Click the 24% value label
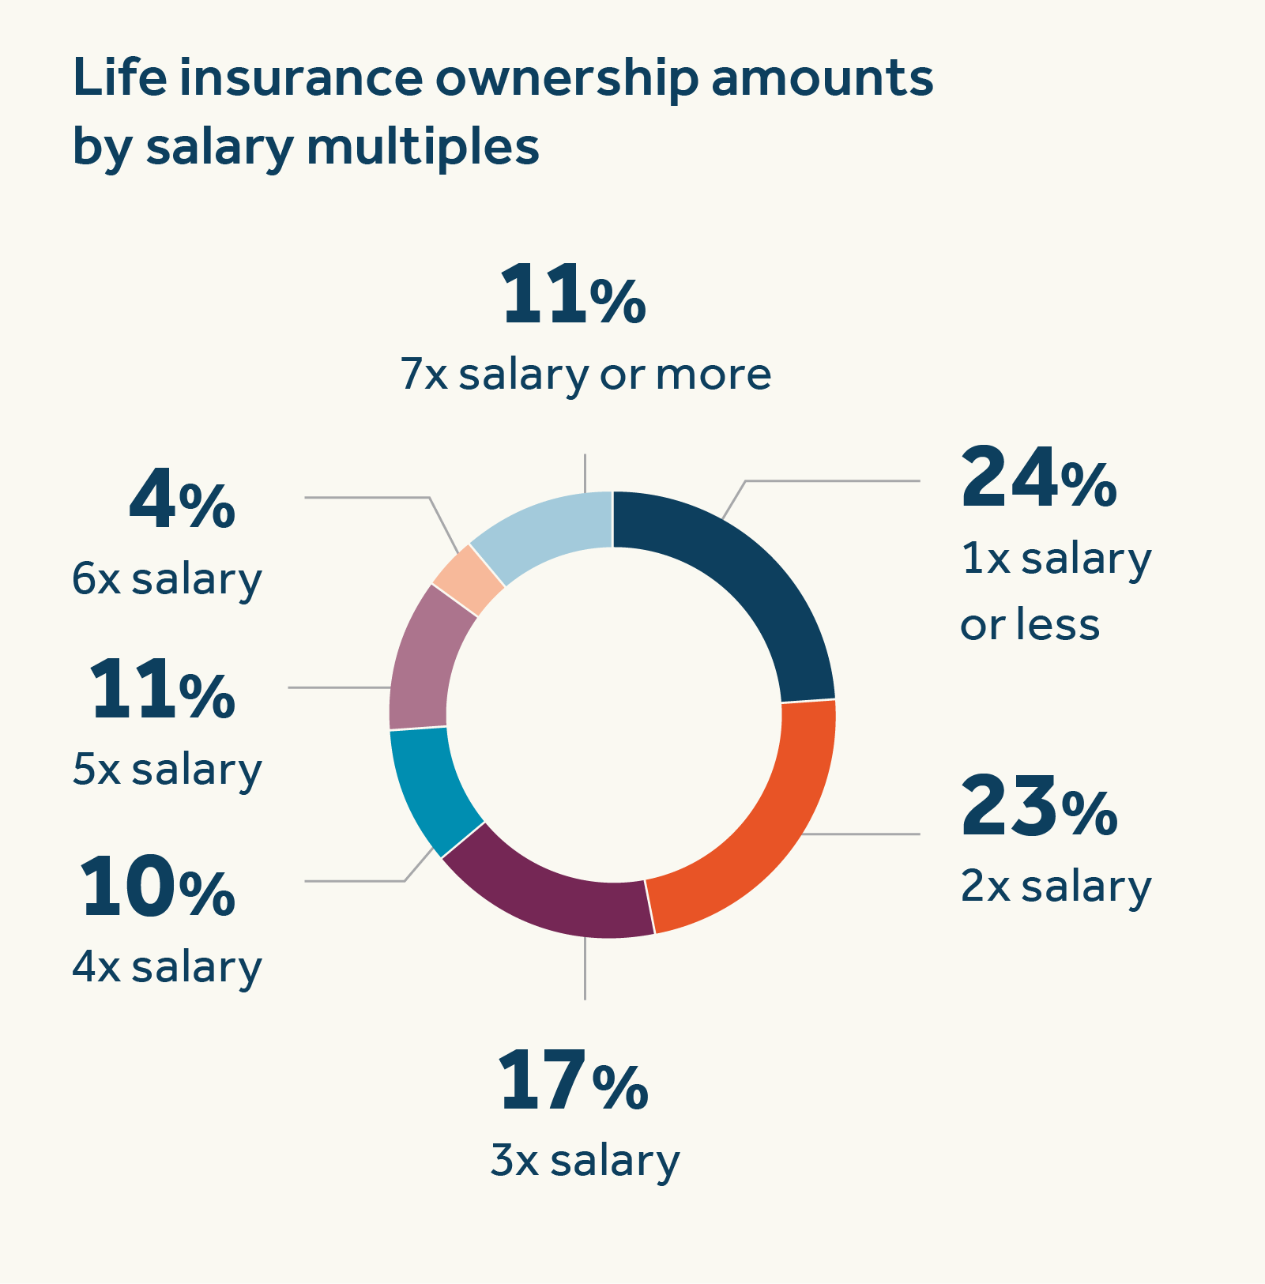click(x=1037, y=478)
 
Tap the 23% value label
click(x=1037, y=808)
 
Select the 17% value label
click(x=572, y=1082)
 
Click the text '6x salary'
click(x=167, y=579)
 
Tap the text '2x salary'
click(x=1056, y=887)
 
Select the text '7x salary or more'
click(x=585, y=375)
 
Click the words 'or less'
click(x=1030, y=625)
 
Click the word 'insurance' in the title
click(x=300, y=79)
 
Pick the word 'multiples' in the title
click(x=422, y=148)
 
